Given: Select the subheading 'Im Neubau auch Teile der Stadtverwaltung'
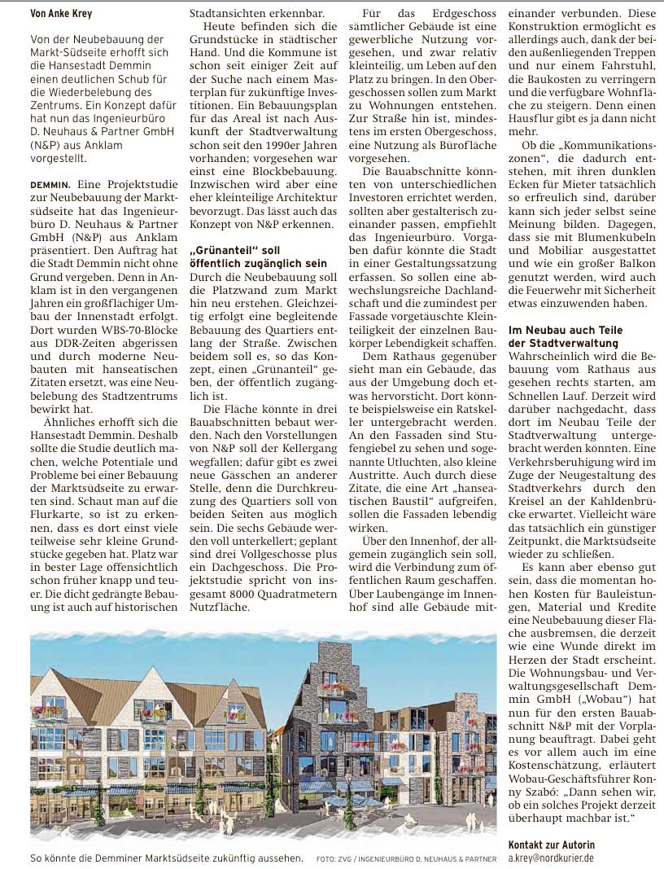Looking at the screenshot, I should click(x=565, y=336).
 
